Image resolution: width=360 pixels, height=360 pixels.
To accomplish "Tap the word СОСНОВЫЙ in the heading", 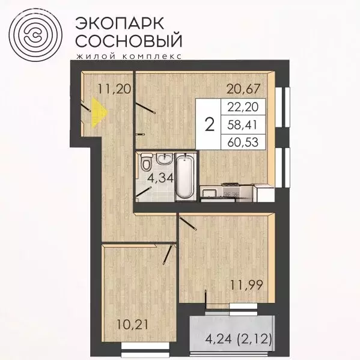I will tap(127, 41).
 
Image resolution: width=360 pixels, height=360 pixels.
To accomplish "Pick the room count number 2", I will tap(210, 124).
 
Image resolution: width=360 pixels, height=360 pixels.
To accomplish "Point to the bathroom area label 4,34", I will tap(159, 178).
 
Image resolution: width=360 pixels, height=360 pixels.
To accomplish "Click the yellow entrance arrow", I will tap(101, 112).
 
